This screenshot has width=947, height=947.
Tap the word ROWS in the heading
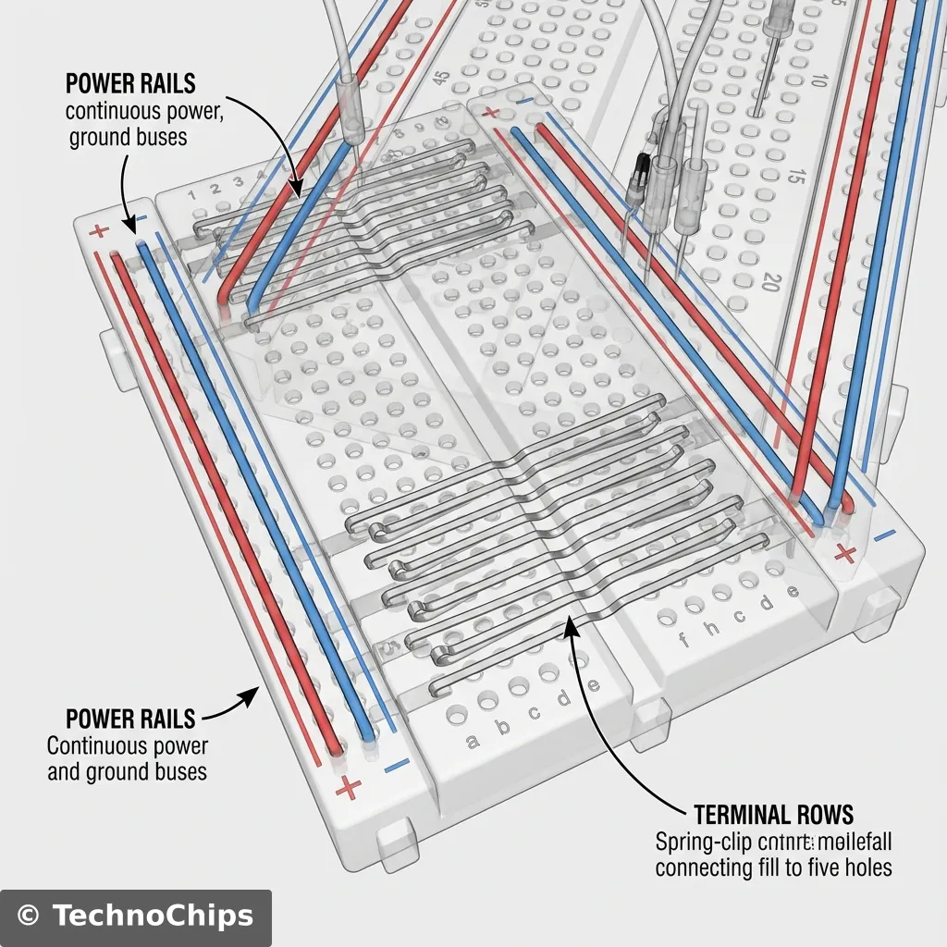[825, 815]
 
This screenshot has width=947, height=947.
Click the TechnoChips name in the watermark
[152, 916]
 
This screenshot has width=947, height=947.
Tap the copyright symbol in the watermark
[30, 916]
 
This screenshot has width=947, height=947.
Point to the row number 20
[770, 281]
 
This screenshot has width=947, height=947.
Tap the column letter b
[504, 727]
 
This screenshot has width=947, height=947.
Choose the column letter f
[684, 638]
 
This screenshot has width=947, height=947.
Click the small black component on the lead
[637, 170]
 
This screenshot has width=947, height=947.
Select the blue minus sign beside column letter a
[396, 765]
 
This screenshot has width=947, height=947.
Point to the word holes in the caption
[868, 868]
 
